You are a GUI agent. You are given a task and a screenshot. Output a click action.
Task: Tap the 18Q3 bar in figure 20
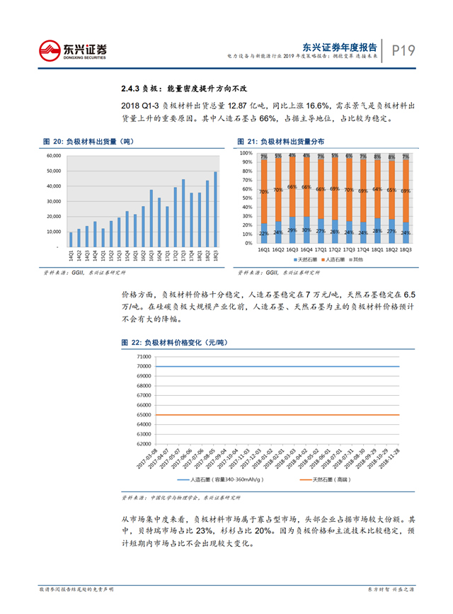coord(216,209)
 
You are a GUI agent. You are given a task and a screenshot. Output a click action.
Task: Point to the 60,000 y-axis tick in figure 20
coord(54,156)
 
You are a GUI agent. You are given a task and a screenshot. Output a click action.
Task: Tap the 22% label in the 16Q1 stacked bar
coord(263,234)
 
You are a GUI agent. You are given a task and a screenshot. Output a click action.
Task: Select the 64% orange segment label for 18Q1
coord(377,190)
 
